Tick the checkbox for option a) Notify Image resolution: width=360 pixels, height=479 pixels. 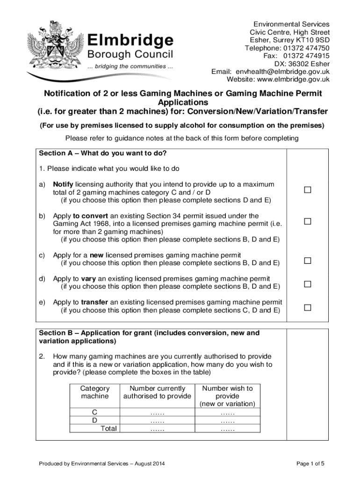point(307,189)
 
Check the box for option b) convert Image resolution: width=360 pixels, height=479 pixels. point(307,221)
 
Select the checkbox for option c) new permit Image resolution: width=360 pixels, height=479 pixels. point(307,260)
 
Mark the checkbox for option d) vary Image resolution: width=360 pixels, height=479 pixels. point(307,284)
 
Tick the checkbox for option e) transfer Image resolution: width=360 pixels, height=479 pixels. point(307,307)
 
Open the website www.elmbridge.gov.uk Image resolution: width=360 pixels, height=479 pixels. point(294,80)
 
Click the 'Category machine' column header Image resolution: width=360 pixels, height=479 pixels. point(95,392)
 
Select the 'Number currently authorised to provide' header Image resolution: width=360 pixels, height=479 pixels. point(157,392)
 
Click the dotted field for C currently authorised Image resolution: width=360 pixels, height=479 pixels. point(157,413)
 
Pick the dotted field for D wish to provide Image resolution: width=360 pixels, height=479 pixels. point(227,421)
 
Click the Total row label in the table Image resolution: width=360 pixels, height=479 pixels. point(109,428)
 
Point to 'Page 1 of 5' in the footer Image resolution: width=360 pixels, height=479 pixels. point(310,464)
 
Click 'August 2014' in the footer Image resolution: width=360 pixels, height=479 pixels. point(149,464)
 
